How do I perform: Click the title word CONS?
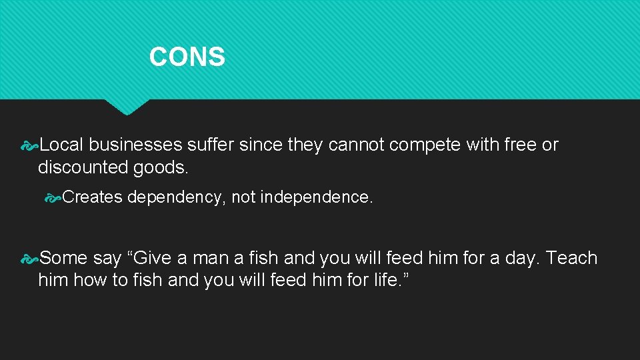pos(187,57)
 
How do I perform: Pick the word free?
pos(519,145)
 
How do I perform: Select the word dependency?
pos(177,197)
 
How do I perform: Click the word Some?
pos(63,258)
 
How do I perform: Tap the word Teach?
pos(572,258)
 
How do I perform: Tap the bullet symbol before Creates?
pos(53,198)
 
